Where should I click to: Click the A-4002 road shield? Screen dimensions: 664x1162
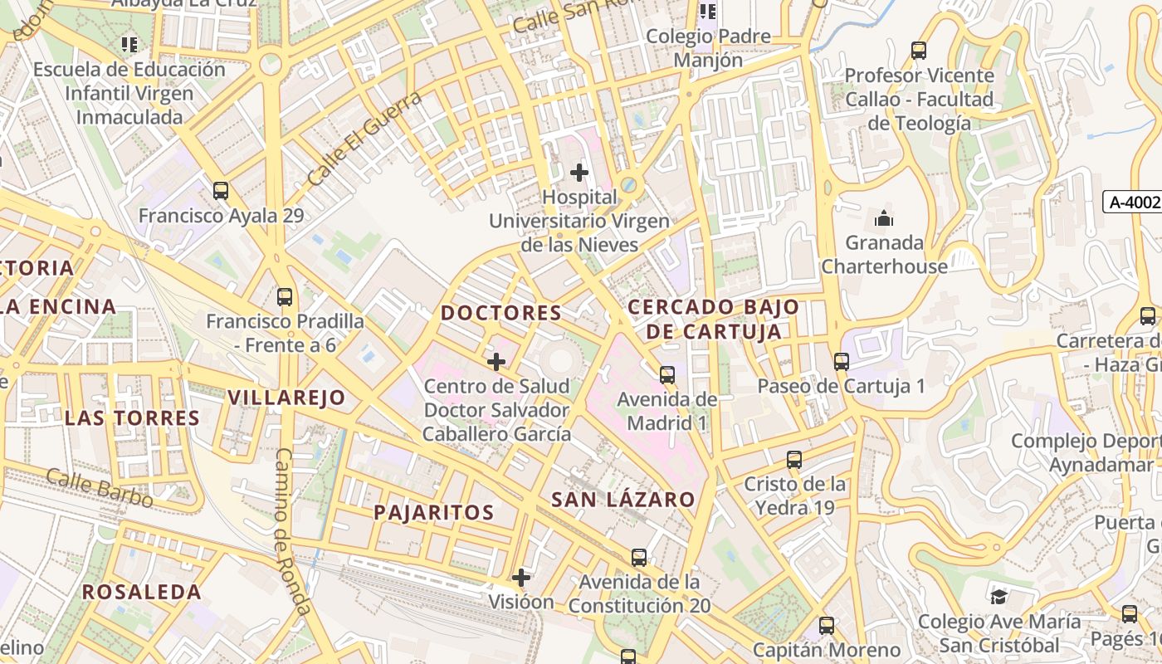point(1134,202)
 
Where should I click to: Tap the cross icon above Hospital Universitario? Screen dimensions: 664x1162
point(579,173)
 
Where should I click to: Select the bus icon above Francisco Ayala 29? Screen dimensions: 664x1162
point(221,190)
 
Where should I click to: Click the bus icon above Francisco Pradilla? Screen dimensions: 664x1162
point(285,296)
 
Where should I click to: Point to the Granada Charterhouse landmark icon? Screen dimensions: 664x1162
point(884,219)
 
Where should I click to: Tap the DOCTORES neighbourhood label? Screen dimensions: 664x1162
point(501,313)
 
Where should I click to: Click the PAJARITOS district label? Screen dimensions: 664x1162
point(433,512)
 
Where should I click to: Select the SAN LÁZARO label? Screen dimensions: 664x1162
point(623,499)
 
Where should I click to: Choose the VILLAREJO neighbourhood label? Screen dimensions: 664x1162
point(286,398)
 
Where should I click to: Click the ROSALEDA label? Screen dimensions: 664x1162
point(142,592)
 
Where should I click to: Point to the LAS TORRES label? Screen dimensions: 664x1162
point(133,417)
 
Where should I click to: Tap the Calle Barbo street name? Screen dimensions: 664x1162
point(100,488)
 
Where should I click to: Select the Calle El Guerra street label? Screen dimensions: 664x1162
point(364,138)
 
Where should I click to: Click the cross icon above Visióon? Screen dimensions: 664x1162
point(521,578)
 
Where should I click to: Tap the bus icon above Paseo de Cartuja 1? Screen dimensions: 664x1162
point(842,362)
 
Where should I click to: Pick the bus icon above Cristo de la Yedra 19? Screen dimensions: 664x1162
point(794,459)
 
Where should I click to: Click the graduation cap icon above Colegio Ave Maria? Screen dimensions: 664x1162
point(999,596)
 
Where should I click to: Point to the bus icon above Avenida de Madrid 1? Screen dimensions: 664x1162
point(667,374)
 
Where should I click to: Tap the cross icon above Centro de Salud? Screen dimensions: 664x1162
point(496,362)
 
